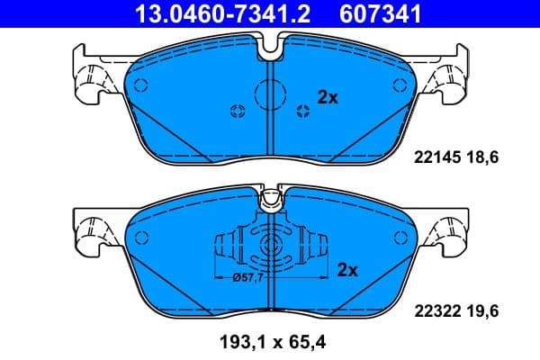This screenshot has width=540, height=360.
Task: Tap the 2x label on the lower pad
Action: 347,269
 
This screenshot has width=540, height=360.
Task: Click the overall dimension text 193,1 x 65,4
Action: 270,343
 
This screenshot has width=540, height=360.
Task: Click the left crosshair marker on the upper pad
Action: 238,111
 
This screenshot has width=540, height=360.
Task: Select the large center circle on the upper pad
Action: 270,93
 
